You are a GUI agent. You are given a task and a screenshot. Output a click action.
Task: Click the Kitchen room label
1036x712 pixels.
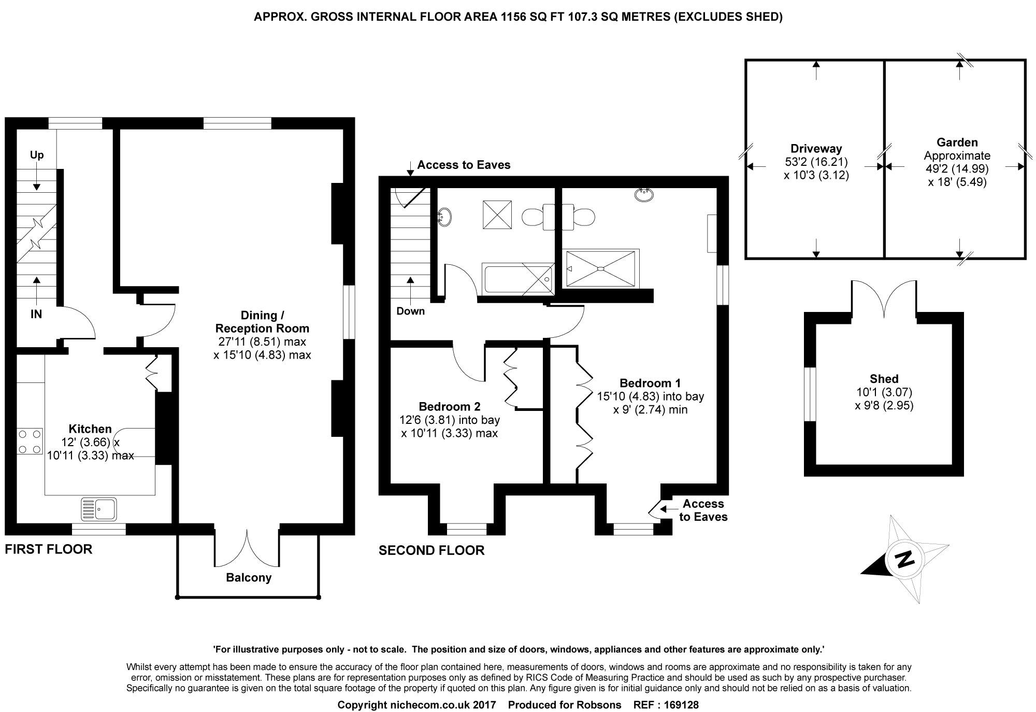tap(90, 429)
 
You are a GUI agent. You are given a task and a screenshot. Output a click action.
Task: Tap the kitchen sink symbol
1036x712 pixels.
tap(99, 509)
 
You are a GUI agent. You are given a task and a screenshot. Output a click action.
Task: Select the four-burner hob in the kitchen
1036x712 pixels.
tap(30, 442)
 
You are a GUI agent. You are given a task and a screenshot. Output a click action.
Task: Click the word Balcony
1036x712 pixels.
tap(249, 578)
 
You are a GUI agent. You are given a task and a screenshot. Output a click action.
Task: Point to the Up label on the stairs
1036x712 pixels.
tap(37, 155)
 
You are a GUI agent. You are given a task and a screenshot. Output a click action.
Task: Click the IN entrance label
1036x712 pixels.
tap(36, 314)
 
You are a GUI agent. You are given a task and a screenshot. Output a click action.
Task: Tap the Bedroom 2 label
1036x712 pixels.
tap(450, 406)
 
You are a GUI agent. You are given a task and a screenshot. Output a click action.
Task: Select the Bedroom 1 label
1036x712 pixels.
tap(650, 383)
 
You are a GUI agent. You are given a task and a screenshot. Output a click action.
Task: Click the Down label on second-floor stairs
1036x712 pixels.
tap(411, 311)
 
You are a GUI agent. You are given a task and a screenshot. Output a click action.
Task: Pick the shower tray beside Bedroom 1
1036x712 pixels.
tap(600, 268)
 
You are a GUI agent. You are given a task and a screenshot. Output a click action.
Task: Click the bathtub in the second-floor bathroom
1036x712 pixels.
tap(518, 279)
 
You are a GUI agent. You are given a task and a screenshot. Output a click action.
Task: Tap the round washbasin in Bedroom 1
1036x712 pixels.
tap(644, 194)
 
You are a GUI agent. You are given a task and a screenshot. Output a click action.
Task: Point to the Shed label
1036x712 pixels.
tap(884, 379)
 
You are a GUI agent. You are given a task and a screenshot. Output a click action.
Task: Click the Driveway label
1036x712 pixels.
tap(816, 149)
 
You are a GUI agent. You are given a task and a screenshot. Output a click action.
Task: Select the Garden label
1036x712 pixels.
tap(957, 143)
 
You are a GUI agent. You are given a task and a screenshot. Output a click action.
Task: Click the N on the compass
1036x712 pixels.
tap(905, 559)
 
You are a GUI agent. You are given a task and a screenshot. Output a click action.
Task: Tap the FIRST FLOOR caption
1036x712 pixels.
tap(49, 549)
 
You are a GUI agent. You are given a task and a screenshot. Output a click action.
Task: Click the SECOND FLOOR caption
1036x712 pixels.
tap(431, 550)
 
